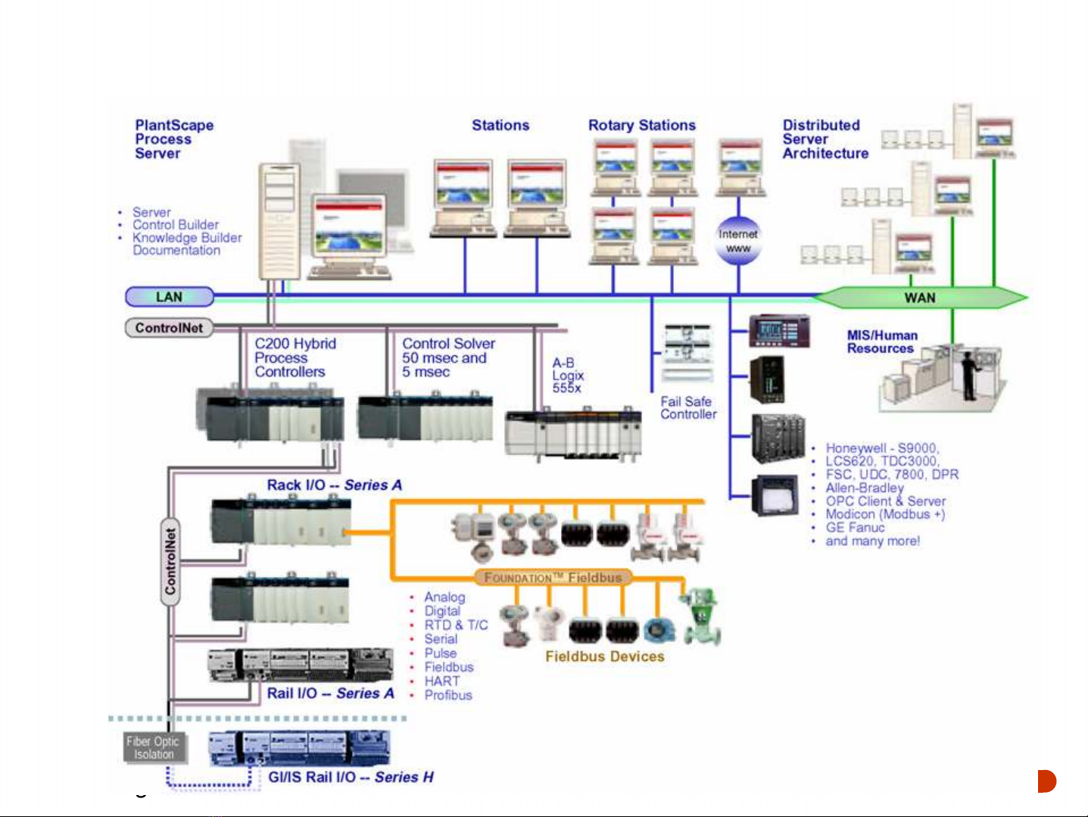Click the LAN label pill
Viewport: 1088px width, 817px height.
click(x=169, y=297)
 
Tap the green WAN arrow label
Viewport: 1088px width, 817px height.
click(x=920, y=298)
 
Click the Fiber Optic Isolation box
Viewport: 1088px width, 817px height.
click(x=153, y=747)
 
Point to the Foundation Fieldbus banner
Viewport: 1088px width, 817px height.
click(x=553, y=578)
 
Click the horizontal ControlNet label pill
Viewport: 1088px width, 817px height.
click(x=169, y=328)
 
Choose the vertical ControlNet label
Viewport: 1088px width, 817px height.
click(x=170, y=561)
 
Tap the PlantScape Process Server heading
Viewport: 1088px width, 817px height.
click(x=173, y=139)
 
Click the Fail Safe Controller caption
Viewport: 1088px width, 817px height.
click(x=687, y=408)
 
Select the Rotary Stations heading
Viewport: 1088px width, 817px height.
click(x=641, y=126)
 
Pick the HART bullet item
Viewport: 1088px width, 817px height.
click(x=441, y=681)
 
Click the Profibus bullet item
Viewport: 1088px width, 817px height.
click(x=447, y=695)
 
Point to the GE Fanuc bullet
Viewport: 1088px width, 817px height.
click(x=854, y=528)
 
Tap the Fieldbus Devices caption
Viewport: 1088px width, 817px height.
click(x=604, y=656)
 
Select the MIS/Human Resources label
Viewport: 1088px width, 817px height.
click(x=881, y=341)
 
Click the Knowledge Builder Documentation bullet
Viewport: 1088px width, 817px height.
click(x=186, y=244)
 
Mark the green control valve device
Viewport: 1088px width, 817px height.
click(x=700, y=615)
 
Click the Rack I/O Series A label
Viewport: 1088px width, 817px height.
click(x=334, y=485)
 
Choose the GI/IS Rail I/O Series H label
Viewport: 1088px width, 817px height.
click(x=351, y=777)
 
